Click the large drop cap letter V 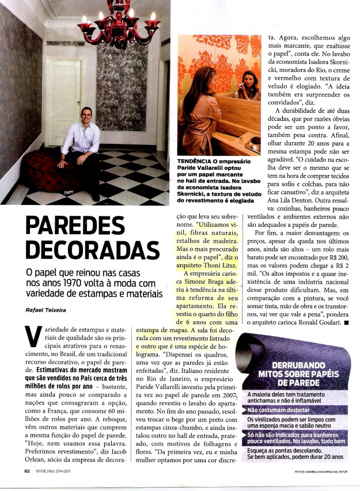coord(32,336)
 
